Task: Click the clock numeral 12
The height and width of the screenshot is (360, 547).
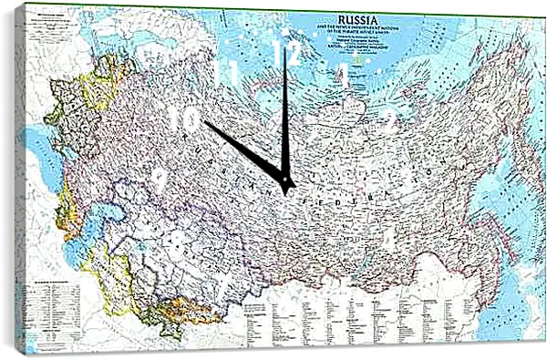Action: coord(286,54)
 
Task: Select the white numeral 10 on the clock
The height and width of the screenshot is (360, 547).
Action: coord(183,118)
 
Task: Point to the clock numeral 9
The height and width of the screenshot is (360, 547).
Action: coord(160,178)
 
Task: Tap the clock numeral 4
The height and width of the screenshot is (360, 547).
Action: coord(389,238)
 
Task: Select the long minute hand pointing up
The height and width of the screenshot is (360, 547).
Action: coord(284,109)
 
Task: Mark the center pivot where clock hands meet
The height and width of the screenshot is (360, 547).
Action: coord(287,185)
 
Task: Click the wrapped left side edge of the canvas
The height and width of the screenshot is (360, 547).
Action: coord(20,182)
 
